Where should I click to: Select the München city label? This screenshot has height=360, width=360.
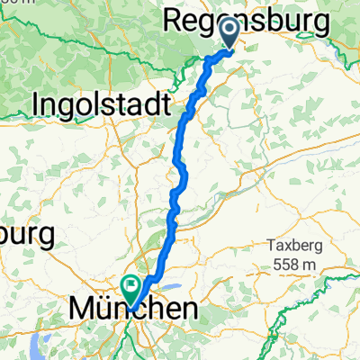(133, 310)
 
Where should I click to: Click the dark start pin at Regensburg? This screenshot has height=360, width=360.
(229, 34)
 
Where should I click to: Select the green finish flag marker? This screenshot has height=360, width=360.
(131, 288)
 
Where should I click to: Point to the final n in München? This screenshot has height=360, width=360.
(188, 310)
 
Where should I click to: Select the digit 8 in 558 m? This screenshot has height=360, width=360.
(291, 264)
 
